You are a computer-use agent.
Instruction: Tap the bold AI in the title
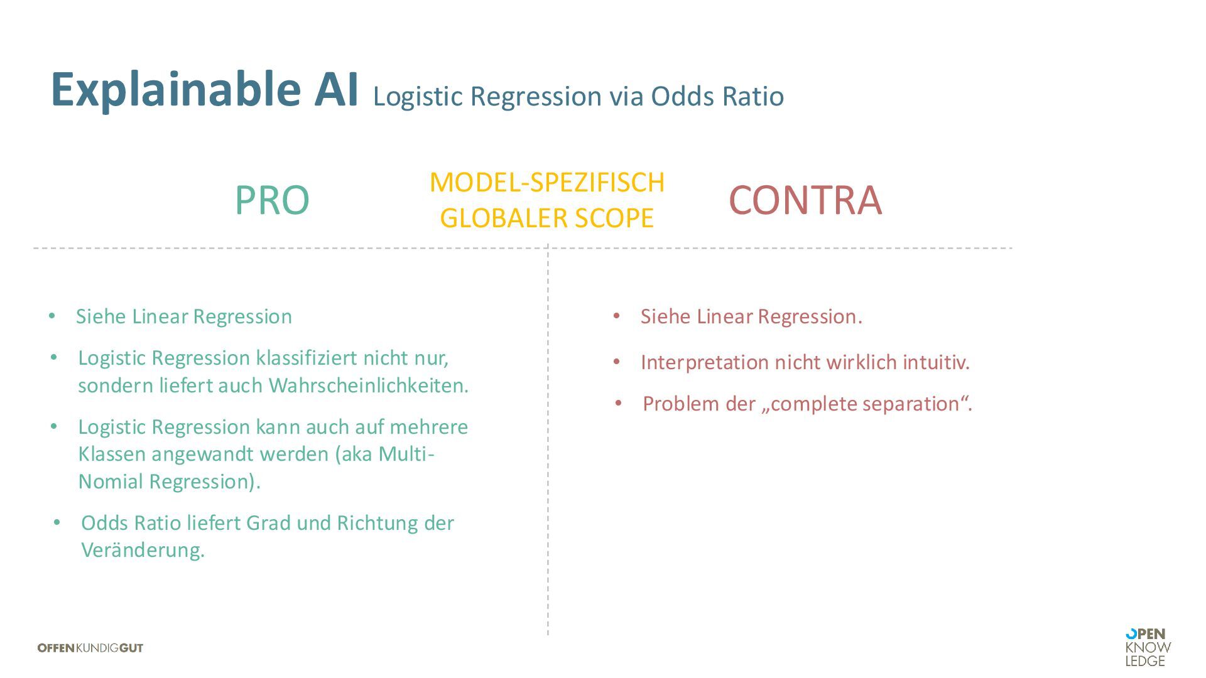336,90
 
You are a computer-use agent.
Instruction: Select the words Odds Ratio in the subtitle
717,96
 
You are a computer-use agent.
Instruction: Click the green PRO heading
272,200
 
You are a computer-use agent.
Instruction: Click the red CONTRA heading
805,200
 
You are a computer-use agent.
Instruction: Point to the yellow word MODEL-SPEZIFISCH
546,182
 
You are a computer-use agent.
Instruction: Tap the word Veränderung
143,550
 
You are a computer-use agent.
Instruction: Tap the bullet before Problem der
619,403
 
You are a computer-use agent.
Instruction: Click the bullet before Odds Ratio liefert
57,522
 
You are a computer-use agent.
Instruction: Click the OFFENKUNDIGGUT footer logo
90,648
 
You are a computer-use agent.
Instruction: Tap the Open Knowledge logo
1148,647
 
